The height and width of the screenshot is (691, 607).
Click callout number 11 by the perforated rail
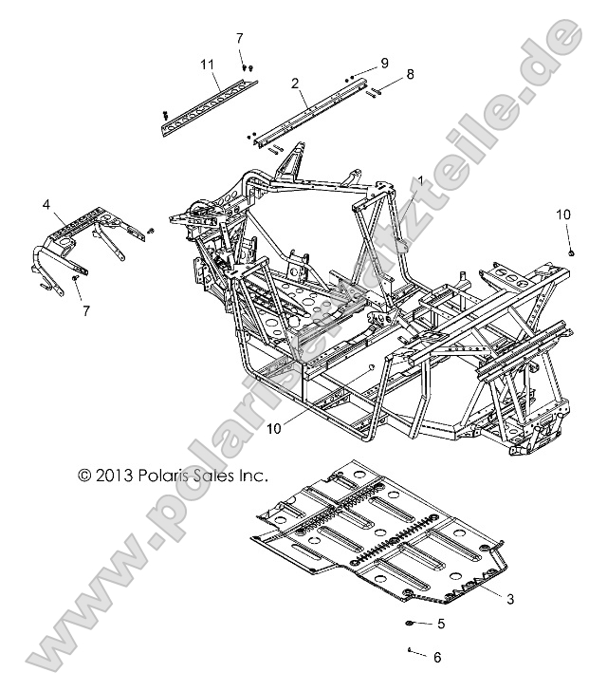(208, 65)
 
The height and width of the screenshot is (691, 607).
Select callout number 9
(384, 62)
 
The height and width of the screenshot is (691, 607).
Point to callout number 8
(410, 73)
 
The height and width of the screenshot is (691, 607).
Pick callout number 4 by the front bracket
(46, 204)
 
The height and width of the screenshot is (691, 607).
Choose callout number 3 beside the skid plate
(509, 598)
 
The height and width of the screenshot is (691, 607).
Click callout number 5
(440, 624)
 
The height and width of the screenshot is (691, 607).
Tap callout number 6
(437, 657)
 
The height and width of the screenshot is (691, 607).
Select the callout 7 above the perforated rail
(239, 38)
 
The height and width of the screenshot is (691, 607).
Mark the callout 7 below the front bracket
(87, 310)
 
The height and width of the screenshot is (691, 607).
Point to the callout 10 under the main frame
(273, 428)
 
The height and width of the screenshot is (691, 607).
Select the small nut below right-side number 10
(573, 252)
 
